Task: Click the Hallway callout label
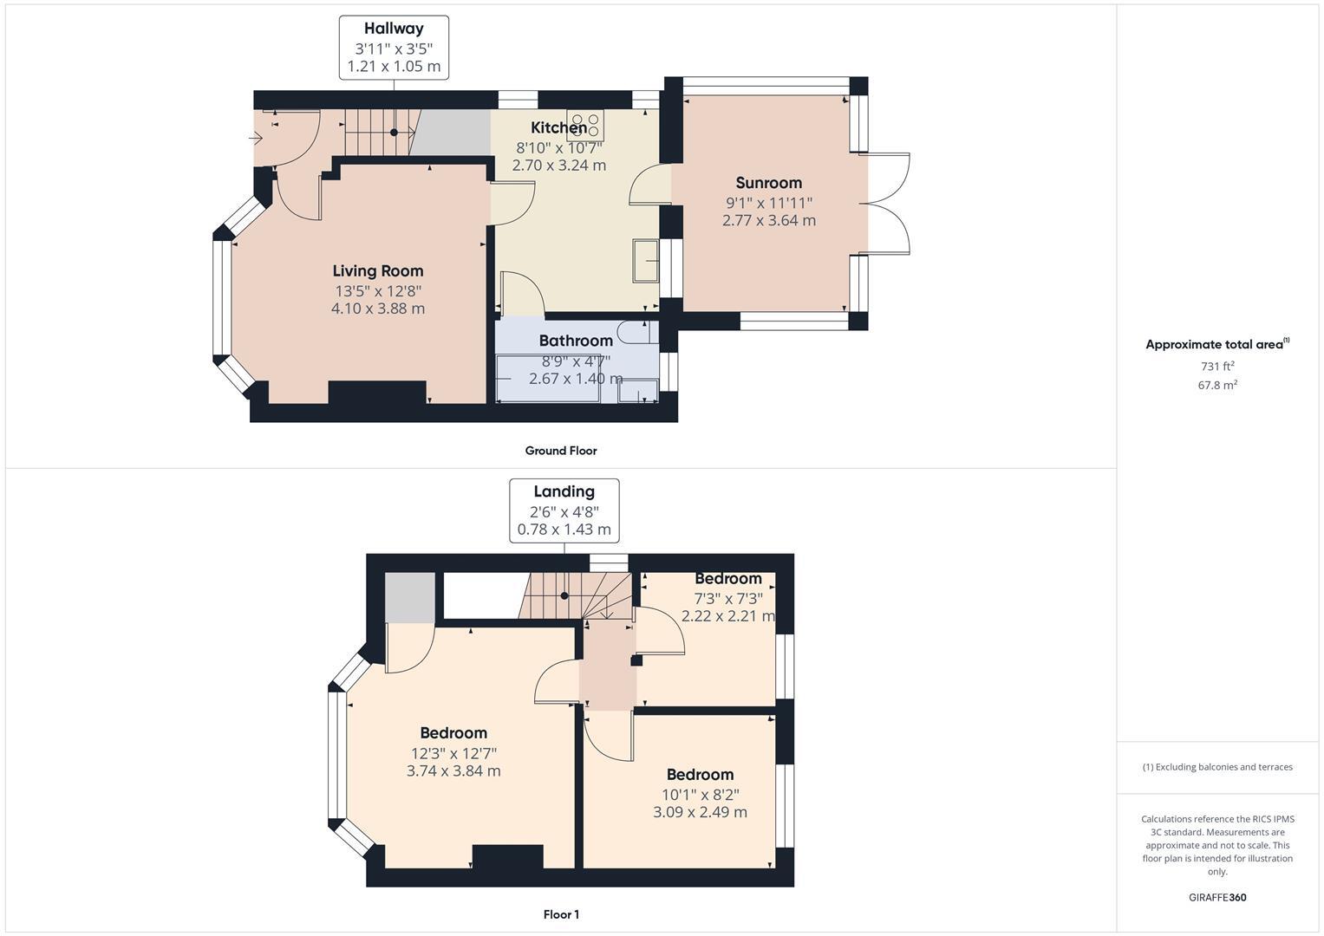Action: pyautogui.click(x=394, y=48)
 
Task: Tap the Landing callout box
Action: pyautogui.click(x=564, y=510)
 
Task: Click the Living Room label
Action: pyautogui.click(x=378, y=271)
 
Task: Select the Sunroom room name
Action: pyautogui.click(x=768, y=183)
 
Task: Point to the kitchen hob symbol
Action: pyautogui.click(x=585, y=127)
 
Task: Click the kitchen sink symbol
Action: pyautogui.click(x=646, y=260)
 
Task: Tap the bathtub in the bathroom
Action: pyautogui.click(x=547, y=379)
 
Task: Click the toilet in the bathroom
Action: pyautogui.click(x=636, y=332)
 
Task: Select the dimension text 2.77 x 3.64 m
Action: pyautogui.click(x=768, y=220)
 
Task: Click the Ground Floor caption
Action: pyautogui.click(x=560, y=451)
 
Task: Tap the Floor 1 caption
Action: pyautogui.click(x=560, y=914)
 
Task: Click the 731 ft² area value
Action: pyautogui.click(x=1217, y=366)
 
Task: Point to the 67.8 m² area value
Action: pyautogui.click(x=1217, y=386)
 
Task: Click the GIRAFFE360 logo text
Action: pyautogui.click(x=1217, y=897)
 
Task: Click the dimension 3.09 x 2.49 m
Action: pyautogui.click(x=700, y=812)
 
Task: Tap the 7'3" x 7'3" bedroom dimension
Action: pyautogui.click(x=727, y=598)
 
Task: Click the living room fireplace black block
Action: pyautogui.click(x=377, y=393)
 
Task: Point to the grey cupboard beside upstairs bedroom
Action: pyautogui.click(x=409, y=597)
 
